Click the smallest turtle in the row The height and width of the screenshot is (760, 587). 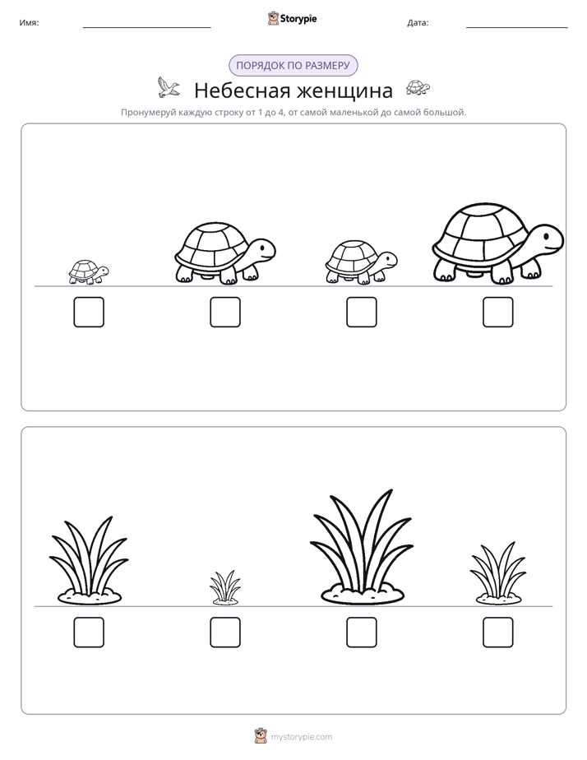click(89, 272)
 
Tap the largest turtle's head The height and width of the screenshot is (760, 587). click(546, 239)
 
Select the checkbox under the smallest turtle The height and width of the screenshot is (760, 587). click(89, 313)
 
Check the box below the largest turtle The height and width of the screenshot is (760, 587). click(498, 313)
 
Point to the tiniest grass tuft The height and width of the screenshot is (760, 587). click(225, 587)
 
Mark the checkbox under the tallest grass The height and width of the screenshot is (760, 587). click(362, 633)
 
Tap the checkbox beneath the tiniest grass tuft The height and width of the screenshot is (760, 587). click(225, 633)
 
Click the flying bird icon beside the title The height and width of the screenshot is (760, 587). click(168, 87)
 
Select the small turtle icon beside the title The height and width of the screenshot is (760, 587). click(418, 87)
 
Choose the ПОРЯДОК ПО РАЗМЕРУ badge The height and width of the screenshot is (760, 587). click(293, 66)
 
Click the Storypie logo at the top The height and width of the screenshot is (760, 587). click(292, 18)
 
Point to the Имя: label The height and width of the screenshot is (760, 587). click(29, 23)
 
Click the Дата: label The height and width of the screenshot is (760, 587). click(418, 23)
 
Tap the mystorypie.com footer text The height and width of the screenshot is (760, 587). click(301, 737)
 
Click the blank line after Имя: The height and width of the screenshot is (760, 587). click(146, 28)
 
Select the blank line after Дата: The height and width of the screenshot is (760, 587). click(517, 28)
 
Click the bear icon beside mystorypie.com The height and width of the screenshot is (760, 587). click(261, 736)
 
